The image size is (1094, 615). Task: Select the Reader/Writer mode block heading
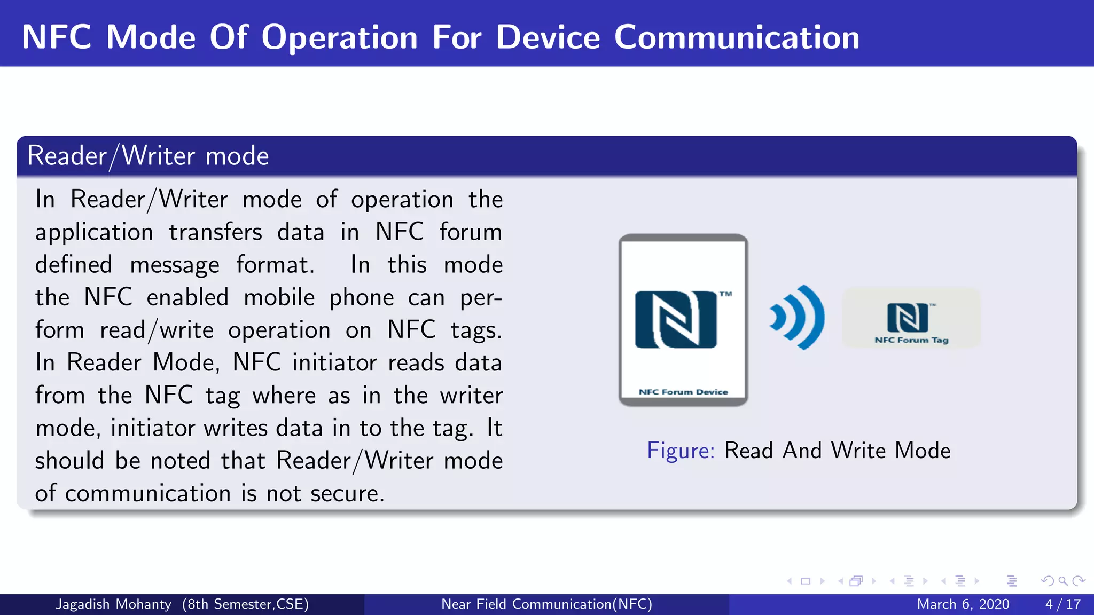tap(148, 156)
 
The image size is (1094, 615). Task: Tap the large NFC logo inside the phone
tap(675, 319)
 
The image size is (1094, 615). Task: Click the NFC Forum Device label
tap(683, 392)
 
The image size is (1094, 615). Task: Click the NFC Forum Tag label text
tap(911, 340)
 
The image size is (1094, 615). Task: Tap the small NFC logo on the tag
tap(908, 317)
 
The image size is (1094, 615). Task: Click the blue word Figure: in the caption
tap(681, 451)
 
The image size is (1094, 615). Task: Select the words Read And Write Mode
tap(837, 451)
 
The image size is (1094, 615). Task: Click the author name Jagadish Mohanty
tap(114, 604)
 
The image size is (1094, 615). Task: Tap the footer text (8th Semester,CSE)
tap(245, 604)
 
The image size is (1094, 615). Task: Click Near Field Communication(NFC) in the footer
tap(546, 604)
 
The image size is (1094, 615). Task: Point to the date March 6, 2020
tap(963, 604)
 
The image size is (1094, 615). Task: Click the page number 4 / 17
tap(1062, 604)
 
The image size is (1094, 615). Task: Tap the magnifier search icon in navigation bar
tap(1063, 581)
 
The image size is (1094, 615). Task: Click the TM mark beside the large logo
tap(725, 294)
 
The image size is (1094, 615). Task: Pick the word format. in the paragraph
tap(275, 265)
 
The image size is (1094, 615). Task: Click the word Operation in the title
tap(339, 37)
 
